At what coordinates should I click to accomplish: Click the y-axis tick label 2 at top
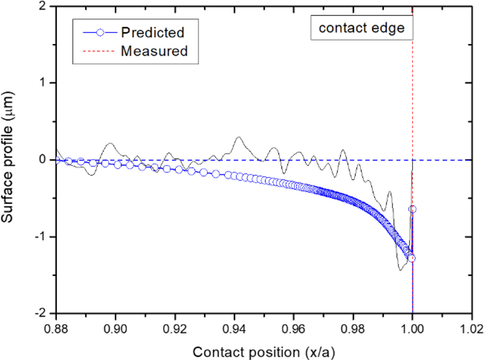click(42, 6)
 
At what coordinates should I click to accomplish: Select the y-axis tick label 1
click(42, 83)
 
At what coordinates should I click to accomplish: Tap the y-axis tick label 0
click(42, 160)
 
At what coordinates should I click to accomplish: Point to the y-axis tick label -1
click(40, 236)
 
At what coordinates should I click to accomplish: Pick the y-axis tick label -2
click(40, 313)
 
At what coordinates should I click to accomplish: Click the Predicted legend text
click(153, 32)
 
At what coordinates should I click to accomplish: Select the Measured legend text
click(154, 51)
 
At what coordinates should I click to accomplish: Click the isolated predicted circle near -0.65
click(412, 209)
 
